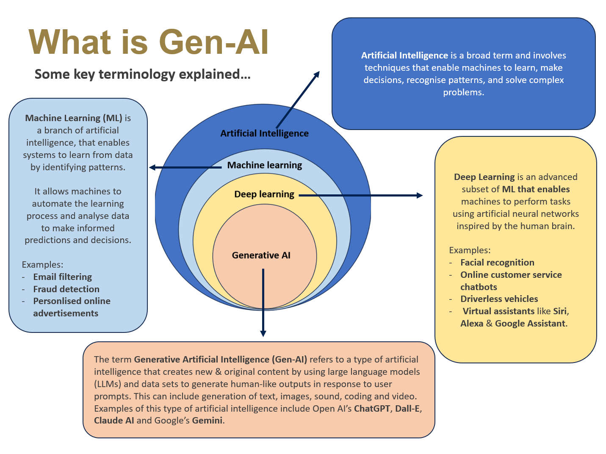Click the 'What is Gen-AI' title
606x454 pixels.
click(x=148, y=42)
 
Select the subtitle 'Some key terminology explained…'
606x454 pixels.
click(x=142, y=74)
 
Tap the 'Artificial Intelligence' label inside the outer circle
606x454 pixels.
click(x=264, y=133)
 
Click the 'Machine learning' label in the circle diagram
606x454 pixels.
click(x=264, y=165)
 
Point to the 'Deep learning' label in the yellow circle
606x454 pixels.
click(x=264, y=194)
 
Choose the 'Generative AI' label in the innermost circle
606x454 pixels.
click(x=261, y=255)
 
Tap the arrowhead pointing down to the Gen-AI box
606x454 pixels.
click(x=263, y=333)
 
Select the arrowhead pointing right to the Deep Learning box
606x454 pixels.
click(x=419, y=195)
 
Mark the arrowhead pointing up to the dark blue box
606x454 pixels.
click(x=317, y=74)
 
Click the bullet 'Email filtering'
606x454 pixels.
click(x=62, y=277)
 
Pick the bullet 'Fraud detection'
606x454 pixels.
click(x=66, y=289)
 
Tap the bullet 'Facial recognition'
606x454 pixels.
click(x=497, y=263)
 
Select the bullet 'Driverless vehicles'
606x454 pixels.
click(x=499, y=299)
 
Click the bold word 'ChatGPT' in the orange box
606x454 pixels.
click(x=372, y=408)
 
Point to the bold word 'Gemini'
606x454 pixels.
click(x=207, y=420)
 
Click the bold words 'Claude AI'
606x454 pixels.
click(x=114, y=420)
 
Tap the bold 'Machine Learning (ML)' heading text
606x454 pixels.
click(x=74, y=118)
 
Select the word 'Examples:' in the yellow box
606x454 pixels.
click(x=470, y=250)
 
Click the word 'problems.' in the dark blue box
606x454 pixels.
click(x=464, y=92)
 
